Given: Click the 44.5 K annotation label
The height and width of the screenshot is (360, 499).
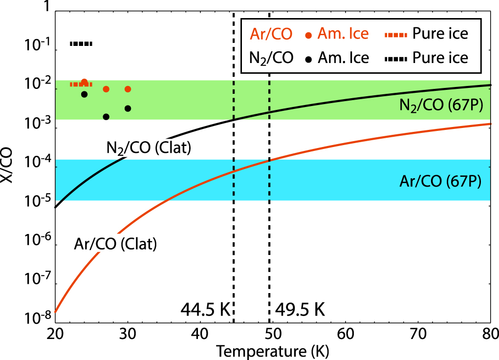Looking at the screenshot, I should (x=205, y=309).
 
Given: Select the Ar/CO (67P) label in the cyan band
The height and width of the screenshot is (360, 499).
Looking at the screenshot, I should (x=440, y=183).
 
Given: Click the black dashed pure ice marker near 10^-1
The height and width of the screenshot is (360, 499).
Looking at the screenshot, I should (x=81, y=44).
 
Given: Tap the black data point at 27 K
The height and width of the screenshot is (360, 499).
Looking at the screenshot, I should (x=106, y=117).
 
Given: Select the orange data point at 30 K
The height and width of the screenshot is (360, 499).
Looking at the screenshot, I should (x=128, y=89).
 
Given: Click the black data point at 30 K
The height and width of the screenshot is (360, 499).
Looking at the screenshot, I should (x=128, y=108).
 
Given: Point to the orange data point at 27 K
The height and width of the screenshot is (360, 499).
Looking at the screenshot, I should (x=106, y=89).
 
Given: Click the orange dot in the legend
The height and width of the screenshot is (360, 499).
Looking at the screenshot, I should (x=308, y=35).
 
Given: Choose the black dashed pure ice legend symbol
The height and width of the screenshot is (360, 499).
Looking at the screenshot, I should (x=394, y=58).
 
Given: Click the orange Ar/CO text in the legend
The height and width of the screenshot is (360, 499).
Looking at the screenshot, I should (x=271, y=34).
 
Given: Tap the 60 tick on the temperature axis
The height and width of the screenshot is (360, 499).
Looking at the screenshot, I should (x=346, y=335).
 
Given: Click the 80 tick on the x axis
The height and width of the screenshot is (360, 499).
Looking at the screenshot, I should (x=489, y=335).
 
